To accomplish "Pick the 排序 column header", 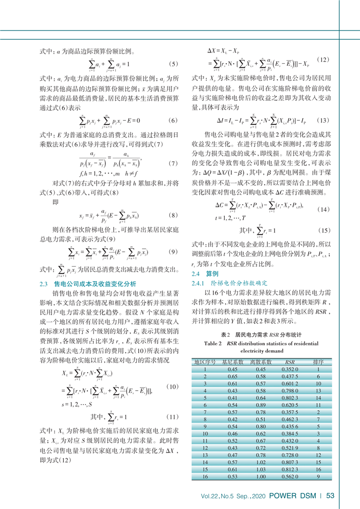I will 319,362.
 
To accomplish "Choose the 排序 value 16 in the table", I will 319,469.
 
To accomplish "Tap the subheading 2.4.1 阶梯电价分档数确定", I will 225,283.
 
